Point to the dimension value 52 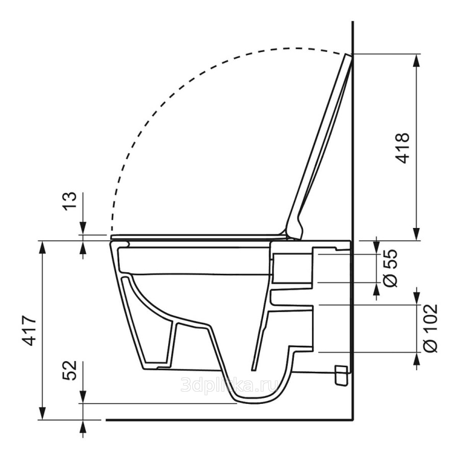pyautogui.click(x=70, y=370)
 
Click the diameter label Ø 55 pyautogui.click(x=390, y=268)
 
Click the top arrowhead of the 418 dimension pyautogui.click(x=417, y=61)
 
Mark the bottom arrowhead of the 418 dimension pyautogui.click(x=417, y=234)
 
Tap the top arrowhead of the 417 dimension pyautogui.click(x=43, y=248)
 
